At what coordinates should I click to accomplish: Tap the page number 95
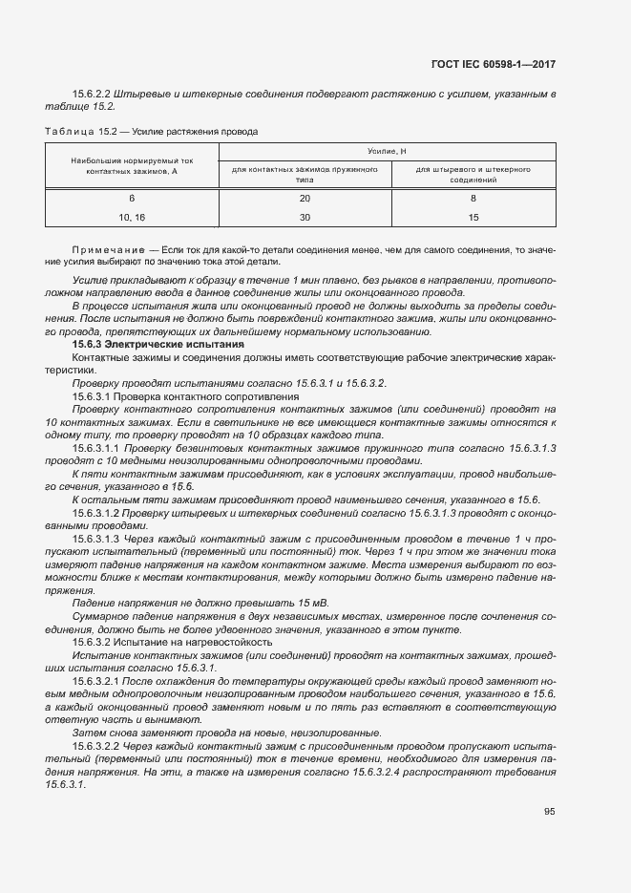point(549,812)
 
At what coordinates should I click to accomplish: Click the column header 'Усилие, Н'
point(387,152)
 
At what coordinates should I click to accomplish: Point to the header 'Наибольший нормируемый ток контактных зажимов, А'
point(132,167)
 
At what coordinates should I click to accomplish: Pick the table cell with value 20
point(305,199)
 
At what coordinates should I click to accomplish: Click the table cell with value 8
point(473,199)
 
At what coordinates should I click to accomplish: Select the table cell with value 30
point(305,217)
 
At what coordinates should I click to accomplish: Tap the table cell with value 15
point(473,217)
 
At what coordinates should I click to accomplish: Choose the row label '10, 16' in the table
point(132,217)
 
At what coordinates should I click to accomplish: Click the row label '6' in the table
point(132,199)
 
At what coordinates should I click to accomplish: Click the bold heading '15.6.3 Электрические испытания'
point(158,343)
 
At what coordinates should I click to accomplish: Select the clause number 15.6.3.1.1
point(97,446)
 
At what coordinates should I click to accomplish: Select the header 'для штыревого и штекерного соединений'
point(473,174)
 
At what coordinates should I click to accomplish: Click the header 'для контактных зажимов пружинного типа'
point(305,174)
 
